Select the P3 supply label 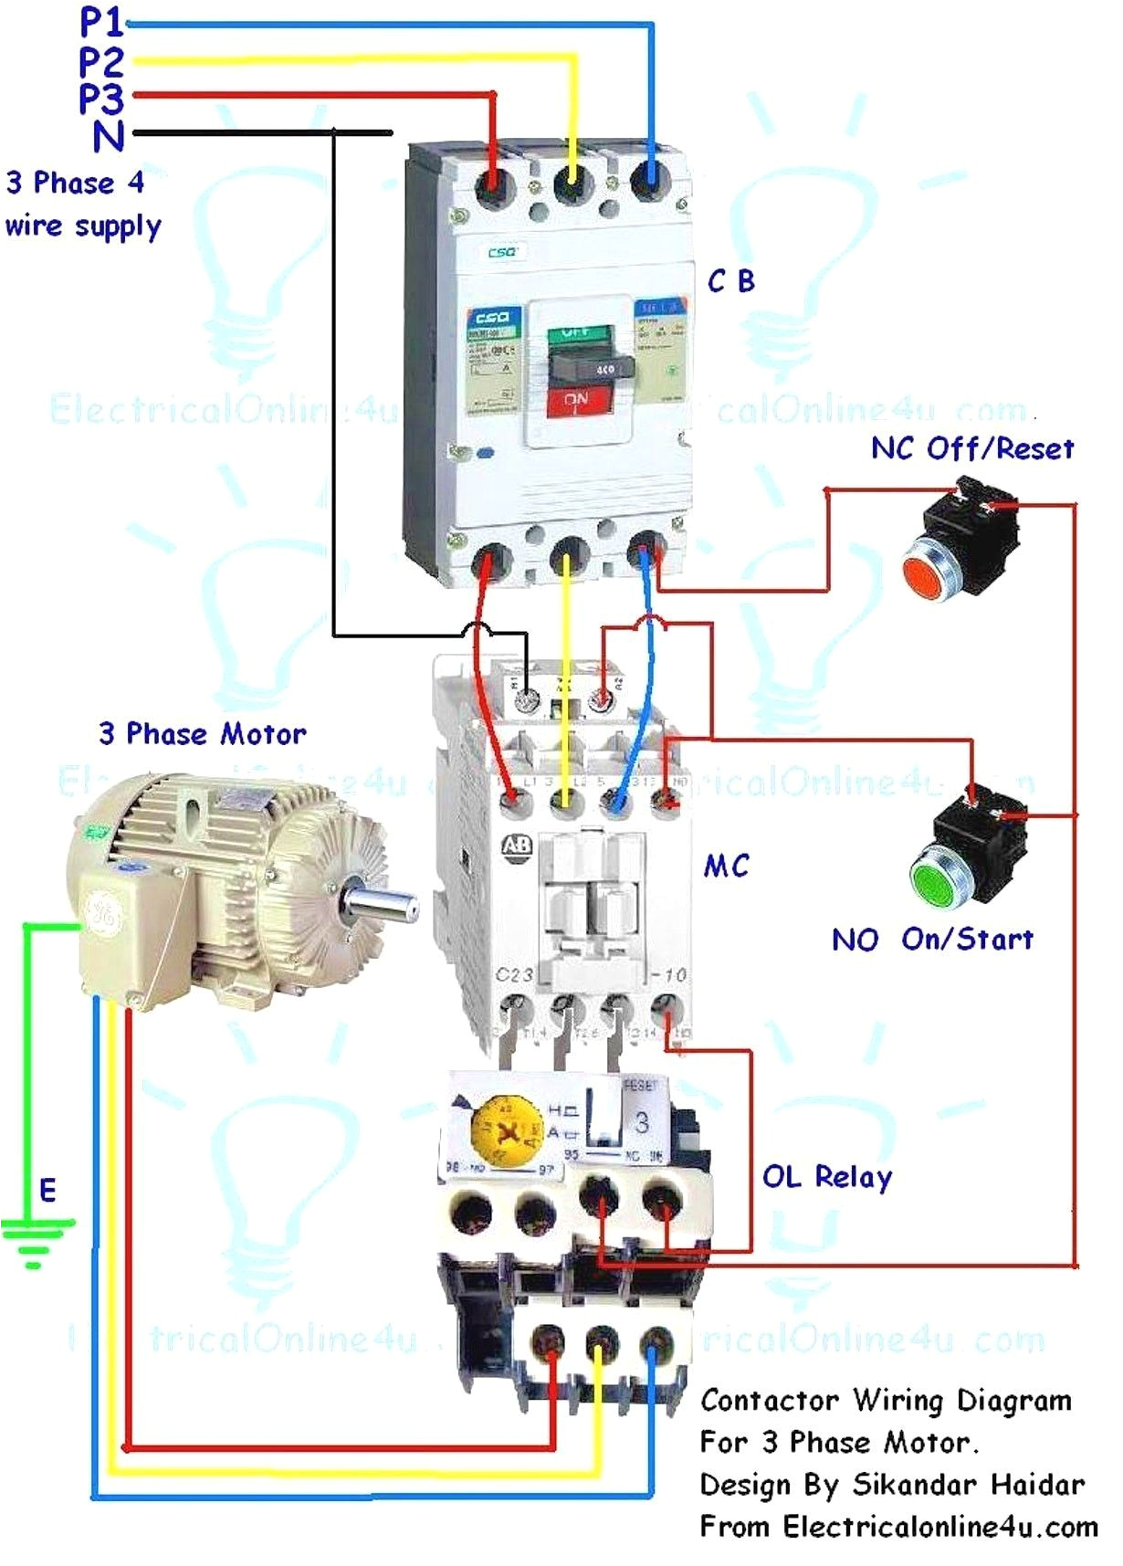tap(100, 98)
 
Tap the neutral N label tap(108, 137)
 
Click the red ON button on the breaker tap(575, 401)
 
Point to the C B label tap(731, 281)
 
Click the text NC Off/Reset tap(972, 448)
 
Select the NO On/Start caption tap(932, 939)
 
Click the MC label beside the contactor tap(727, 866)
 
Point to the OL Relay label tap(827, 1177)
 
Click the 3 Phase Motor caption tap(202, 733)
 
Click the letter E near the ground tap(47, 1191)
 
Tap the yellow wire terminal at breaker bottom tap(568, 554)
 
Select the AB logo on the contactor tap(517, 844)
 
